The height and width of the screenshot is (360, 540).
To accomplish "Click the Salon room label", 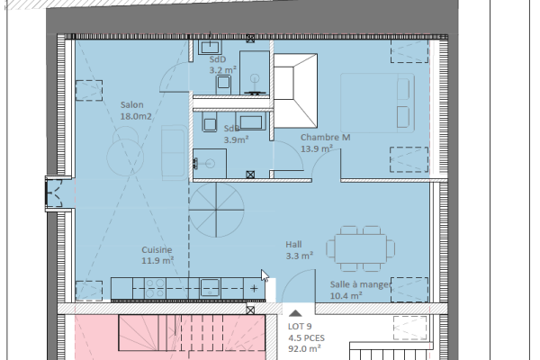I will (132, 104).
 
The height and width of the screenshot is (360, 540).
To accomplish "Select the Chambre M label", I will (325, 137).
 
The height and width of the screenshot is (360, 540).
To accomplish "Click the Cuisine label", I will (157, 250).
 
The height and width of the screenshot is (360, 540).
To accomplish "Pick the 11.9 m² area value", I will (157, 262).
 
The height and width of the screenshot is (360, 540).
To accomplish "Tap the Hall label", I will (294, 244).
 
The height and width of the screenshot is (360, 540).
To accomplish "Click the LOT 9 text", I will (300, 327).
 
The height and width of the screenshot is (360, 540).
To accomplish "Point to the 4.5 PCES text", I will (303, 338).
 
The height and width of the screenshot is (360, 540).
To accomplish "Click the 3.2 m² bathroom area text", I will (221, 68).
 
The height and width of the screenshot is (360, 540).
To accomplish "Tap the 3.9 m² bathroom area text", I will (235, 139).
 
